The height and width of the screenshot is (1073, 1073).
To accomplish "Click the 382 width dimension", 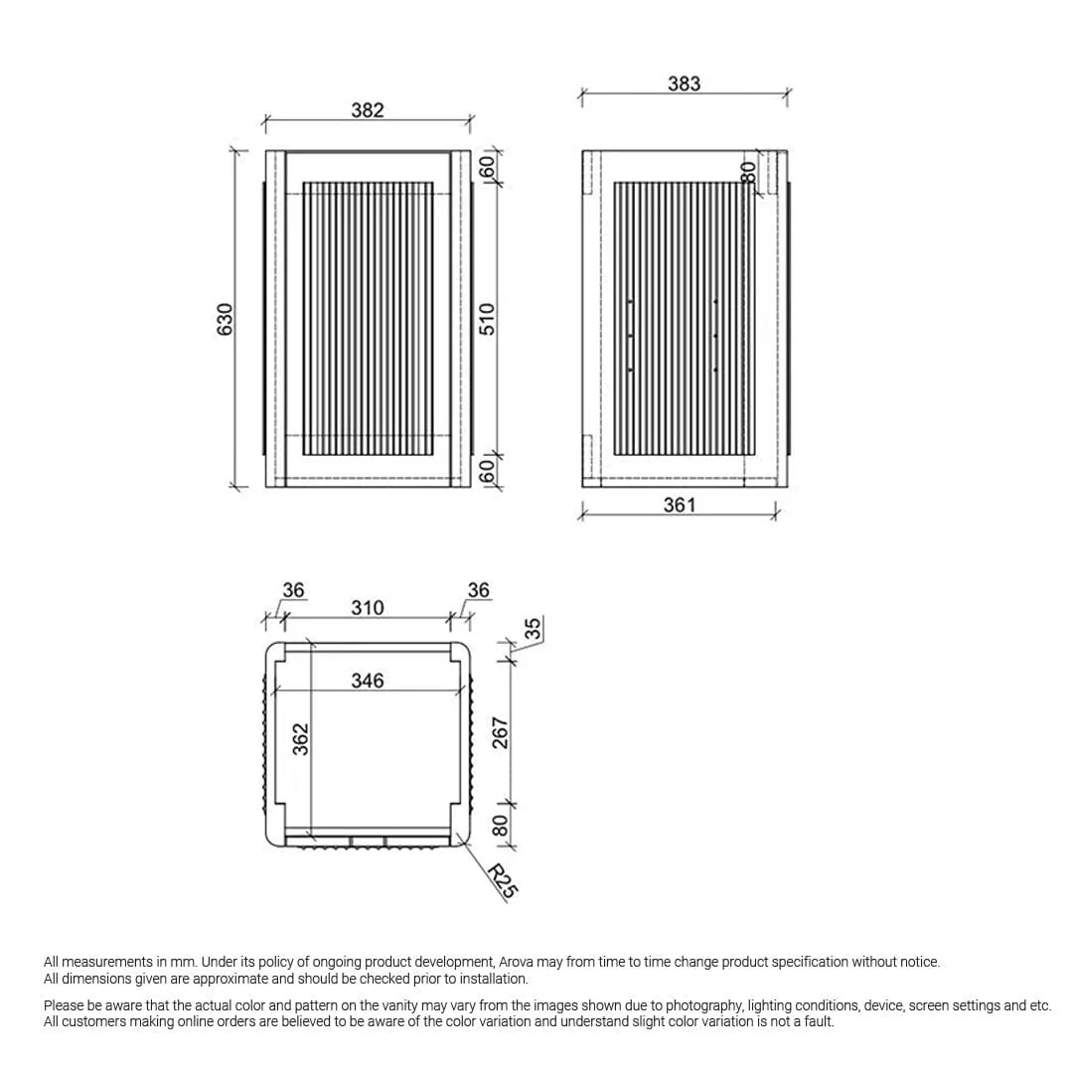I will [367, 110].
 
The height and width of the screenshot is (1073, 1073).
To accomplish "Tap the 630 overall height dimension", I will [226, 319].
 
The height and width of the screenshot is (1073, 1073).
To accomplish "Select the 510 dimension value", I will [487, 319].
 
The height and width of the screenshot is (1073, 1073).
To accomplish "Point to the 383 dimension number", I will [684, 83].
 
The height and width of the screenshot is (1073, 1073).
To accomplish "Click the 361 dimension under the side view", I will [680, 505].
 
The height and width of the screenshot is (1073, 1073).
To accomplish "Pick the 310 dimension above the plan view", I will [367, 607].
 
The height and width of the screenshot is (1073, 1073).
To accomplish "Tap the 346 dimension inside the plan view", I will [367, 681].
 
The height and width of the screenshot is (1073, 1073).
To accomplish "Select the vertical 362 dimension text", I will [300, 739].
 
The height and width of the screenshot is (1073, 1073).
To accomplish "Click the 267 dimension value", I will [501, 733].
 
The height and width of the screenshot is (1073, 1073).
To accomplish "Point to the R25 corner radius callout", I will [503, 881].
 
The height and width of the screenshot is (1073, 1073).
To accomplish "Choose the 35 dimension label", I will [533, 629].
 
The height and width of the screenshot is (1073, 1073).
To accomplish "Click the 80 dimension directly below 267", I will [501, 826].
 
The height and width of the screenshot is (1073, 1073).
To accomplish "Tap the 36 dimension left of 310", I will [293, 590].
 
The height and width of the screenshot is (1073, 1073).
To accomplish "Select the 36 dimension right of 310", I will [478, 590].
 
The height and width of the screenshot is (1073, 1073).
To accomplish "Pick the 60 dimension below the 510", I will [487, 471].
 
